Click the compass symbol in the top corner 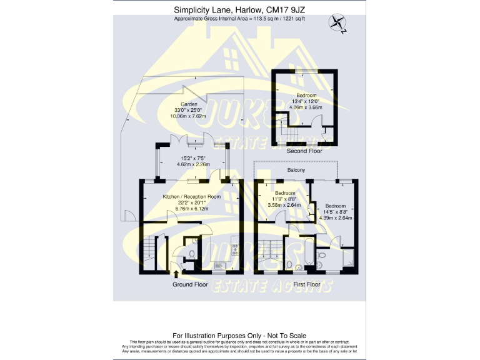coord(338,24)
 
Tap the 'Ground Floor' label coord(190,284)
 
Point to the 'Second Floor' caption coord(304,151)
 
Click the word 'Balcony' coord(296,170)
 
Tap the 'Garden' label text coord(189,104)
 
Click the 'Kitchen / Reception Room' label coord(192,197)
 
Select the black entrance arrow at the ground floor coord(176,273)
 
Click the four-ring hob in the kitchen coord(235,249)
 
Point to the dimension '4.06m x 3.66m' coord(307,107)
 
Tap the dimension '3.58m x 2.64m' coord(285,205)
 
